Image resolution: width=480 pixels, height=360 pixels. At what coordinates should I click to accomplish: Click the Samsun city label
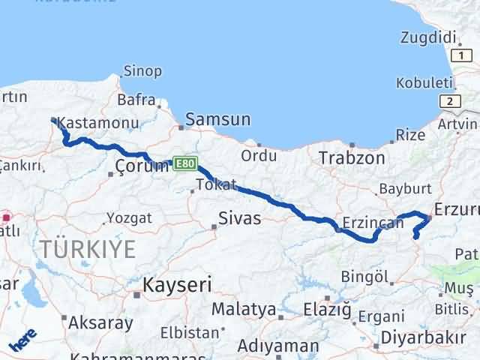[217, 118]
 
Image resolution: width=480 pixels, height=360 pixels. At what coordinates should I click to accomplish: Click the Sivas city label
[239, 218]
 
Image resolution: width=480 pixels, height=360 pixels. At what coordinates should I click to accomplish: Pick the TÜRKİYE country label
[88, 249]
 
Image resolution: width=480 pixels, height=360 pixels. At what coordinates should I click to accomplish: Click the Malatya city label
[244, 308]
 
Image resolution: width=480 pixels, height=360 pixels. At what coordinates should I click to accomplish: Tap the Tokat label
[216, 184]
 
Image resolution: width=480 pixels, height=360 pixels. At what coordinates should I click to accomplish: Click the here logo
[22, 341]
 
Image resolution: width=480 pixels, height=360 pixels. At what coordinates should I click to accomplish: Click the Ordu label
[258, 155]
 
